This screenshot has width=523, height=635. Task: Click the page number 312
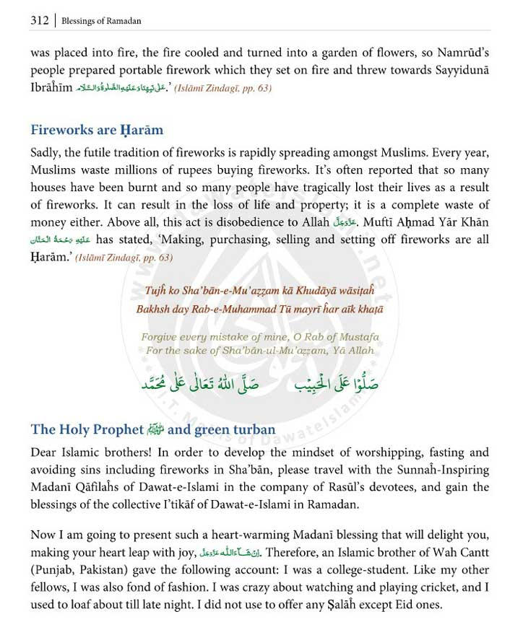39,20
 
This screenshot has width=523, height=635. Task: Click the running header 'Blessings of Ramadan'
102,21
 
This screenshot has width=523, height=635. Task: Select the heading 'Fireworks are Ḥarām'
97,131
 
